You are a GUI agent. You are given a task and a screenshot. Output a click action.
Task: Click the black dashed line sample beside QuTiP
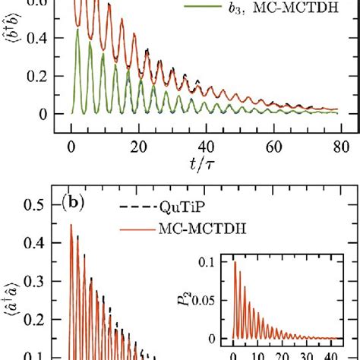pos(134,207)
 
